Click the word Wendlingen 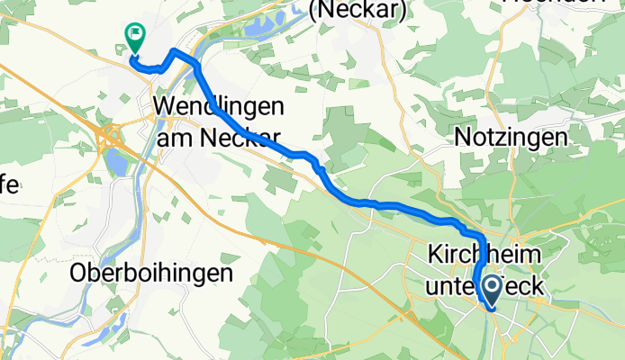220,106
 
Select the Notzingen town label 512,138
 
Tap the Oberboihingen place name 152,273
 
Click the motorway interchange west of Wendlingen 113,137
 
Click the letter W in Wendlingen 165,106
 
